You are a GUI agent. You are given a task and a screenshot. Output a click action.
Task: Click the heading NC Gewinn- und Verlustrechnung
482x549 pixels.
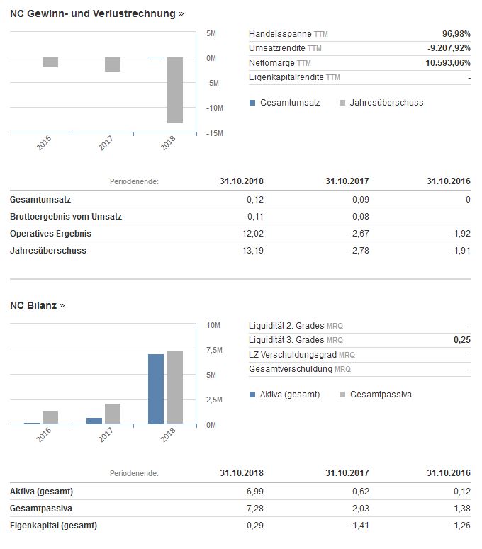(x=92, y=14)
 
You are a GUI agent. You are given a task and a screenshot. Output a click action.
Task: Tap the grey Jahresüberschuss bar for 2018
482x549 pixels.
(x=174, y=90)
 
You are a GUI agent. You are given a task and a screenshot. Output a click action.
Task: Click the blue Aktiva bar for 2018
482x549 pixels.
(x=156, y=388)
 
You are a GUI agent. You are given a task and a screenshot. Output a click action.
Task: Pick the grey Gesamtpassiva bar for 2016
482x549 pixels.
(x=50, y=417)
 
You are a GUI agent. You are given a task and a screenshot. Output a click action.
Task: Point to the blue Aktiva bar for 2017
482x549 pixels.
(x=94, y=421)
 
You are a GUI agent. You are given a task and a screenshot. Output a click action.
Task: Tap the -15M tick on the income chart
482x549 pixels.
(x=215, y=133)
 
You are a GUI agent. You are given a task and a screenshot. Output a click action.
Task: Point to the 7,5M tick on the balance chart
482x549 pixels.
(x=215, y=351)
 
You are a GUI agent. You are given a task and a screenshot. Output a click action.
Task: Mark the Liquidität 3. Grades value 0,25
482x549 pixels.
(x=461, y=340)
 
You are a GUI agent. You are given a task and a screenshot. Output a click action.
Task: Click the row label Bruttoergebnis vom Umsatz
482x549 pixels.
(x=66, y=216)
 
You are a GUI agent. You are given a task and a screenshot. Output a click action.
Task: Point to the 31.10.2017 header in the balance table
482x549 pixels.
(x=347, y=473)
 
